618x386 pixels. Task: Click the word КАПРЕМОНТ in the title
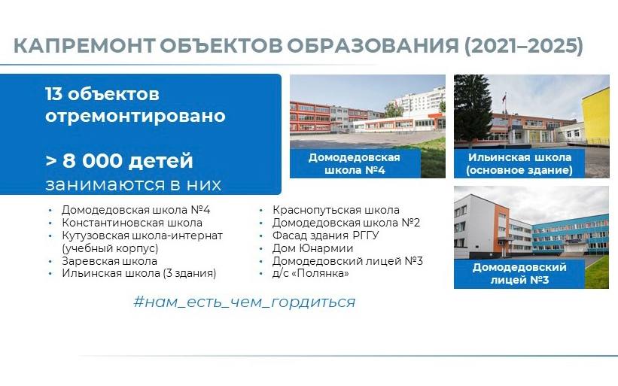coord(84,46)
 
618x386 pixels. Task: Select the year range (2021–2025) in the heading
coord(524,46)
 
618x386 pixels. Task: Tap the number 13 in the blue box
coord(53,94)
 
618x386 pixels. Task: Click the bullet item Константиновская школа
coord(132,223)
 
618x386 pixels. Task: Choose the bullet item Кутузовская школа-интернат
coord(142,236)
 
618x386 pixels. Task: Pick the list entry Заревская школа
coord(110,261)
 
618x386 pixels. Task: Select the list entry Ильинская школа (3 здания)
coord(139,273)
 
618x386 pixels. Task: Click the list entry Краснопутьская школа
coord(336,210)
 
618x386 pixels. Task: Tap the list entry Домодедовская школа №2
coord(346,223)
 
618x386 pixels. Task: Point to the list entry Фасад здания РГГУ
coord(325,236)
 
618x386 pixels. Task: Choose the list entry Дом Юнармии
coord(312,248)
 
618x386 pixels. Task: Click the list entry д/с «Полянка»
coord(311,273)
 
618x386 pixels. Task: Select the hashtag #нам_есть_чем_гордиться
coord(245,302)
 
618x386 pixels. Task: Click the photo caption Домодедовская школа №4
coord(355,163)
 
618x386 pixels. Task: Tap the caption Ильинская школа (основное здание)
coord(519,163)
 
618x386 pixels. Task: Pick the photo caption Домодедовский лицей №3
coord(519,273)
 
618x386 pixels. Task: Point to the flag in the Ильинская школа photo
coord(504,97)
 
